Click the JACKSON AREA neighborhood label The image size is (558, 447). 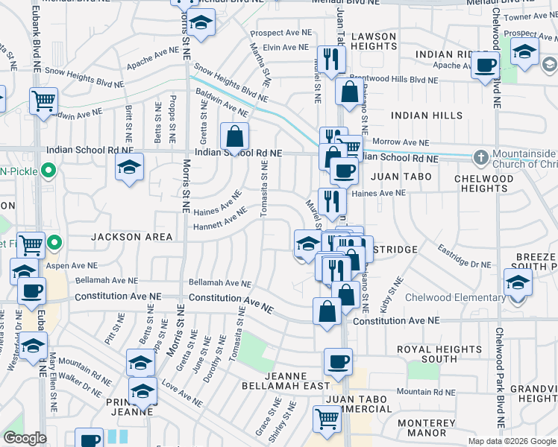[131, 237]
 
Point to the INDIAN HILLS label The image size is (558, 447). [426, 115]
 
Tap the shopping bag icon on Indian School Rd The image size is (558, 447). [234, 136]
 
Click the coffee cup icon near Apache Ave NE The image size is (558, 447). [485, 65]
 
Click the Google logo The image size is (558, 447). [25, 438]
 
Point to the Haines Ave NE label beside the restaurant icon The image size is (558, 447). [377, 193]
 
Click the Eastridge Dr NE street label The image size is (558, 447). [465, 257]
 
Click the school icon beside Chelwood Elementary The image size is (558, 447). [517, 282]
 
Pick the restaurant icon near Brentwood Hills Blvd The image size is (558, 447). [328, 59]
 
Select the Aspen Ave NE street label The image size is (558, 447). [72, 265]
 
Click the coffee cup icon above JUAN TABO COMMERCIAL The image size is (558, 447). [337, 363]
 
